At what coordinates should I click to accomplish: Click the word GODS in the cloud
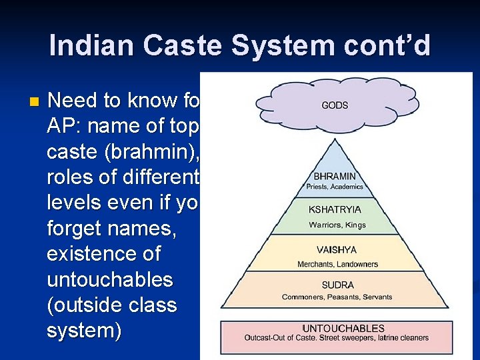(x=335, y=105)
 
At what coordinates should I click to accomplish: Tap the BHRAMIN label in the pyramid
(x=335, y=176)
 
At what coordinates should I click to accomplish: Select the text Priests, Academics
(x=335, y=187)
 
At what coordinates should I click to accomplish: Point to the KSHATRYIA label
(x=335, y=209)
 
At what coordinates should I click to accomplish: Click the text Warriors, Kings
(x=337, y=225)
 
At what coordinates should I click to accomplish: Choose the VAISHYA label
(x=337, y=250)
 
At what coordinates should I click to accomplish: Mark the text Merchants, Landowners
(x=337, y=265)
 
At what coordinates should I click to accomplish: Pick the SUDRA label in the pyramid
(x=337, y=285)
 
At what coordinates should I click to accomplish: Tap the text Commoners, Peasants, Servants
(x=337, y=297)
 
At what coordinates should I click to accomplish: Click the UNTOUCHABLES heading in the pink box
(x=343, y=328)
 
